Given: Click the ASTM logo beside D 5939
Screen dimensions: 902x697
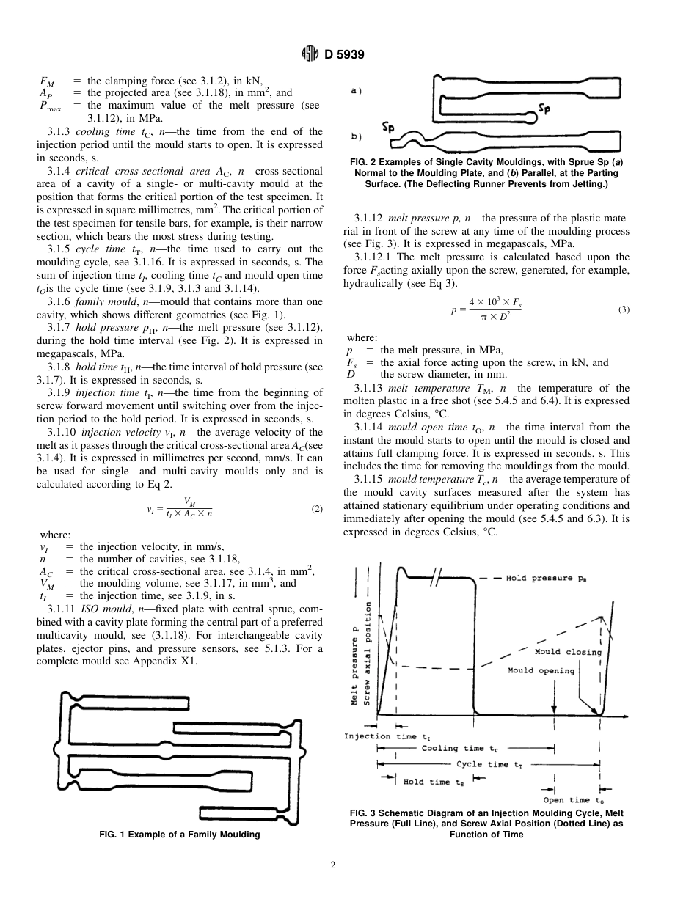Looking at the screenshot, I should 311,54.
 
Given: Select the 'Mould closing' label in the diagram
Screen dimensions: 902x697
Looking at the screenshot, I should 567,651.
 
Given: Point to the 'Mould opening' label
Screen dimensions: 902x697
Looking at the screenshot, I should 541,670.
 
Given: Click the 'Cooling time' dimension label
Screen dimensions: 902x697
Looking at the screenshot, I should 453,749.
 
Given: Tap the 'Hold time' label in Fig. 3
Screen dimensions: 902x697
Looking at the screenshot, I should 434,782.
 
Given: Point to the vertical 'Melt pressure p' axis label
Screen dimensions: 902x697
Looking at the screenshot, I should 354,662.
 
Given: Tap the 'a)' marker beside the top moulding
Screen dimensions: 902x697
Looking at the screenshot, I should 356,91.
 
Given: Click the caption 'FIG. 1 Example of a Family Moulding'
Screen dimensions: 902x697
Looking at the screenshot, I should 179,835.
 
